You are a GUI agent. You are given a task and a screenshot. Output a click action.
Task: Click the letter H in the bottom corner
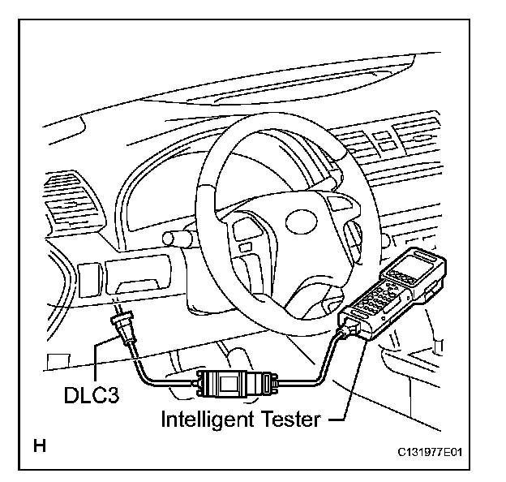point(38,445)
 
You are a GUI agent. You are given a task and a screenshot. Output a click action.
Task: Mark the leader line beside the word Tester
point(341,420)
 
